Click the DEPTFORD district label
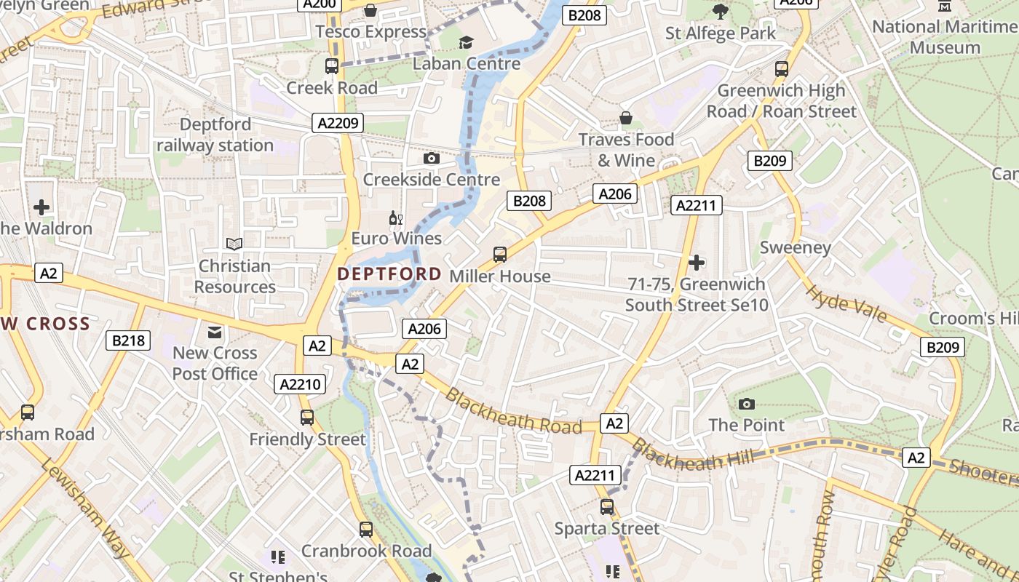389,274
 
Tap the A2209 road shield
338,123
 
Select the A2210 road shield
301,384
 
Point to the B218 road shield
128,340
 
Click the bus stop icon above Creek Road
332,66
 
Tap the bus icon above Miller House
500,255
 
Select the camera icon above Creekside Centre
432,158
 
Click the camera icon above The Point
746,404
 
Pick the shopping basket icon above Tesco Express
370,10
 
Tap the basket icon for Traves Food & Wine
626,118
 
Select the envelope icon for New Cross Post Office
215,332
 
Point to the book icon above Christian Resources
234,244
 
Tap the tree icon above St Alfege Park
721,11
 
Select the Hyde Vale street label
846,303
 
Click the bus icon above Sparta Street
607,507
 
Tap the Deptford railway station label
215,135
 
